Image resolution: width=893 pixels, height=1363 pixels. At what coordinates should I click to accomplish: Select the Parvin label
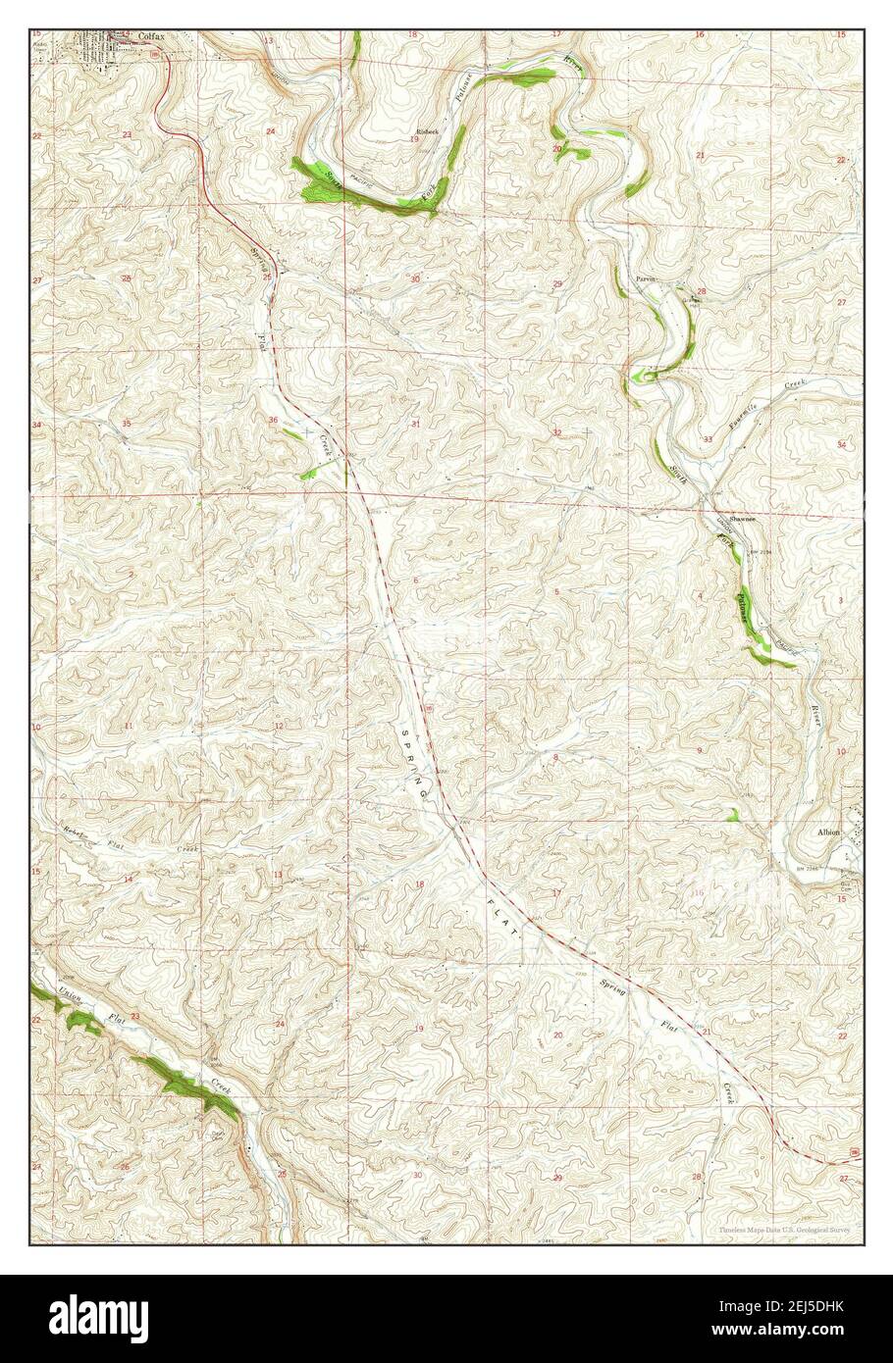click(645, 279)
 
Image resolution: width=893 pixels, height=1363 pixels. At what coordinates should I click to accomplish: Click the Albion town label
click(829, 832)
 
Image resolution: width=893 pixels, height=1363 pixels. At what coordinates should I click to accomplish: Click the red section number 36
click(273, 420)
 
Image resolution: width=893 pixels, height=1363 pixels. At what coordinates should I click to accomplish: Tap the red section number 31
click(415, 424)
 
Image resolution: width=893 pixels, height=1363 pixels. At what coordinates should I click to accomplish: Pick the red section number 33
click(708, 439)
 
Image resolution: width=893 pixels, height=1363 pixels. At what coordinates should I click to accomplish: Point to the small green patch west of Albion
click(731, 813)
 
